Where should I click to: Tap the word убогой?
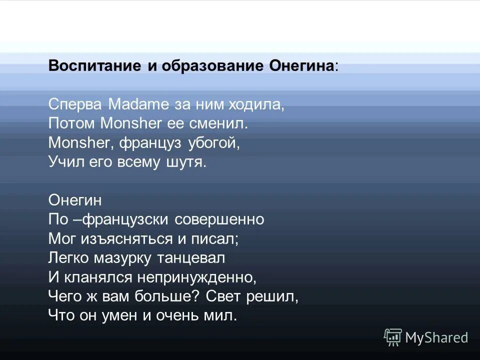tap(214, 143)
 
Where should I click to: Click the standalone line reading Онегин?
tap(75, 200)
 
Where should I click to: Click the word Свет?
tap(224, 296)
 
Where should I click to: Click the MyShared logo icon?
tap(392, 337)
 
